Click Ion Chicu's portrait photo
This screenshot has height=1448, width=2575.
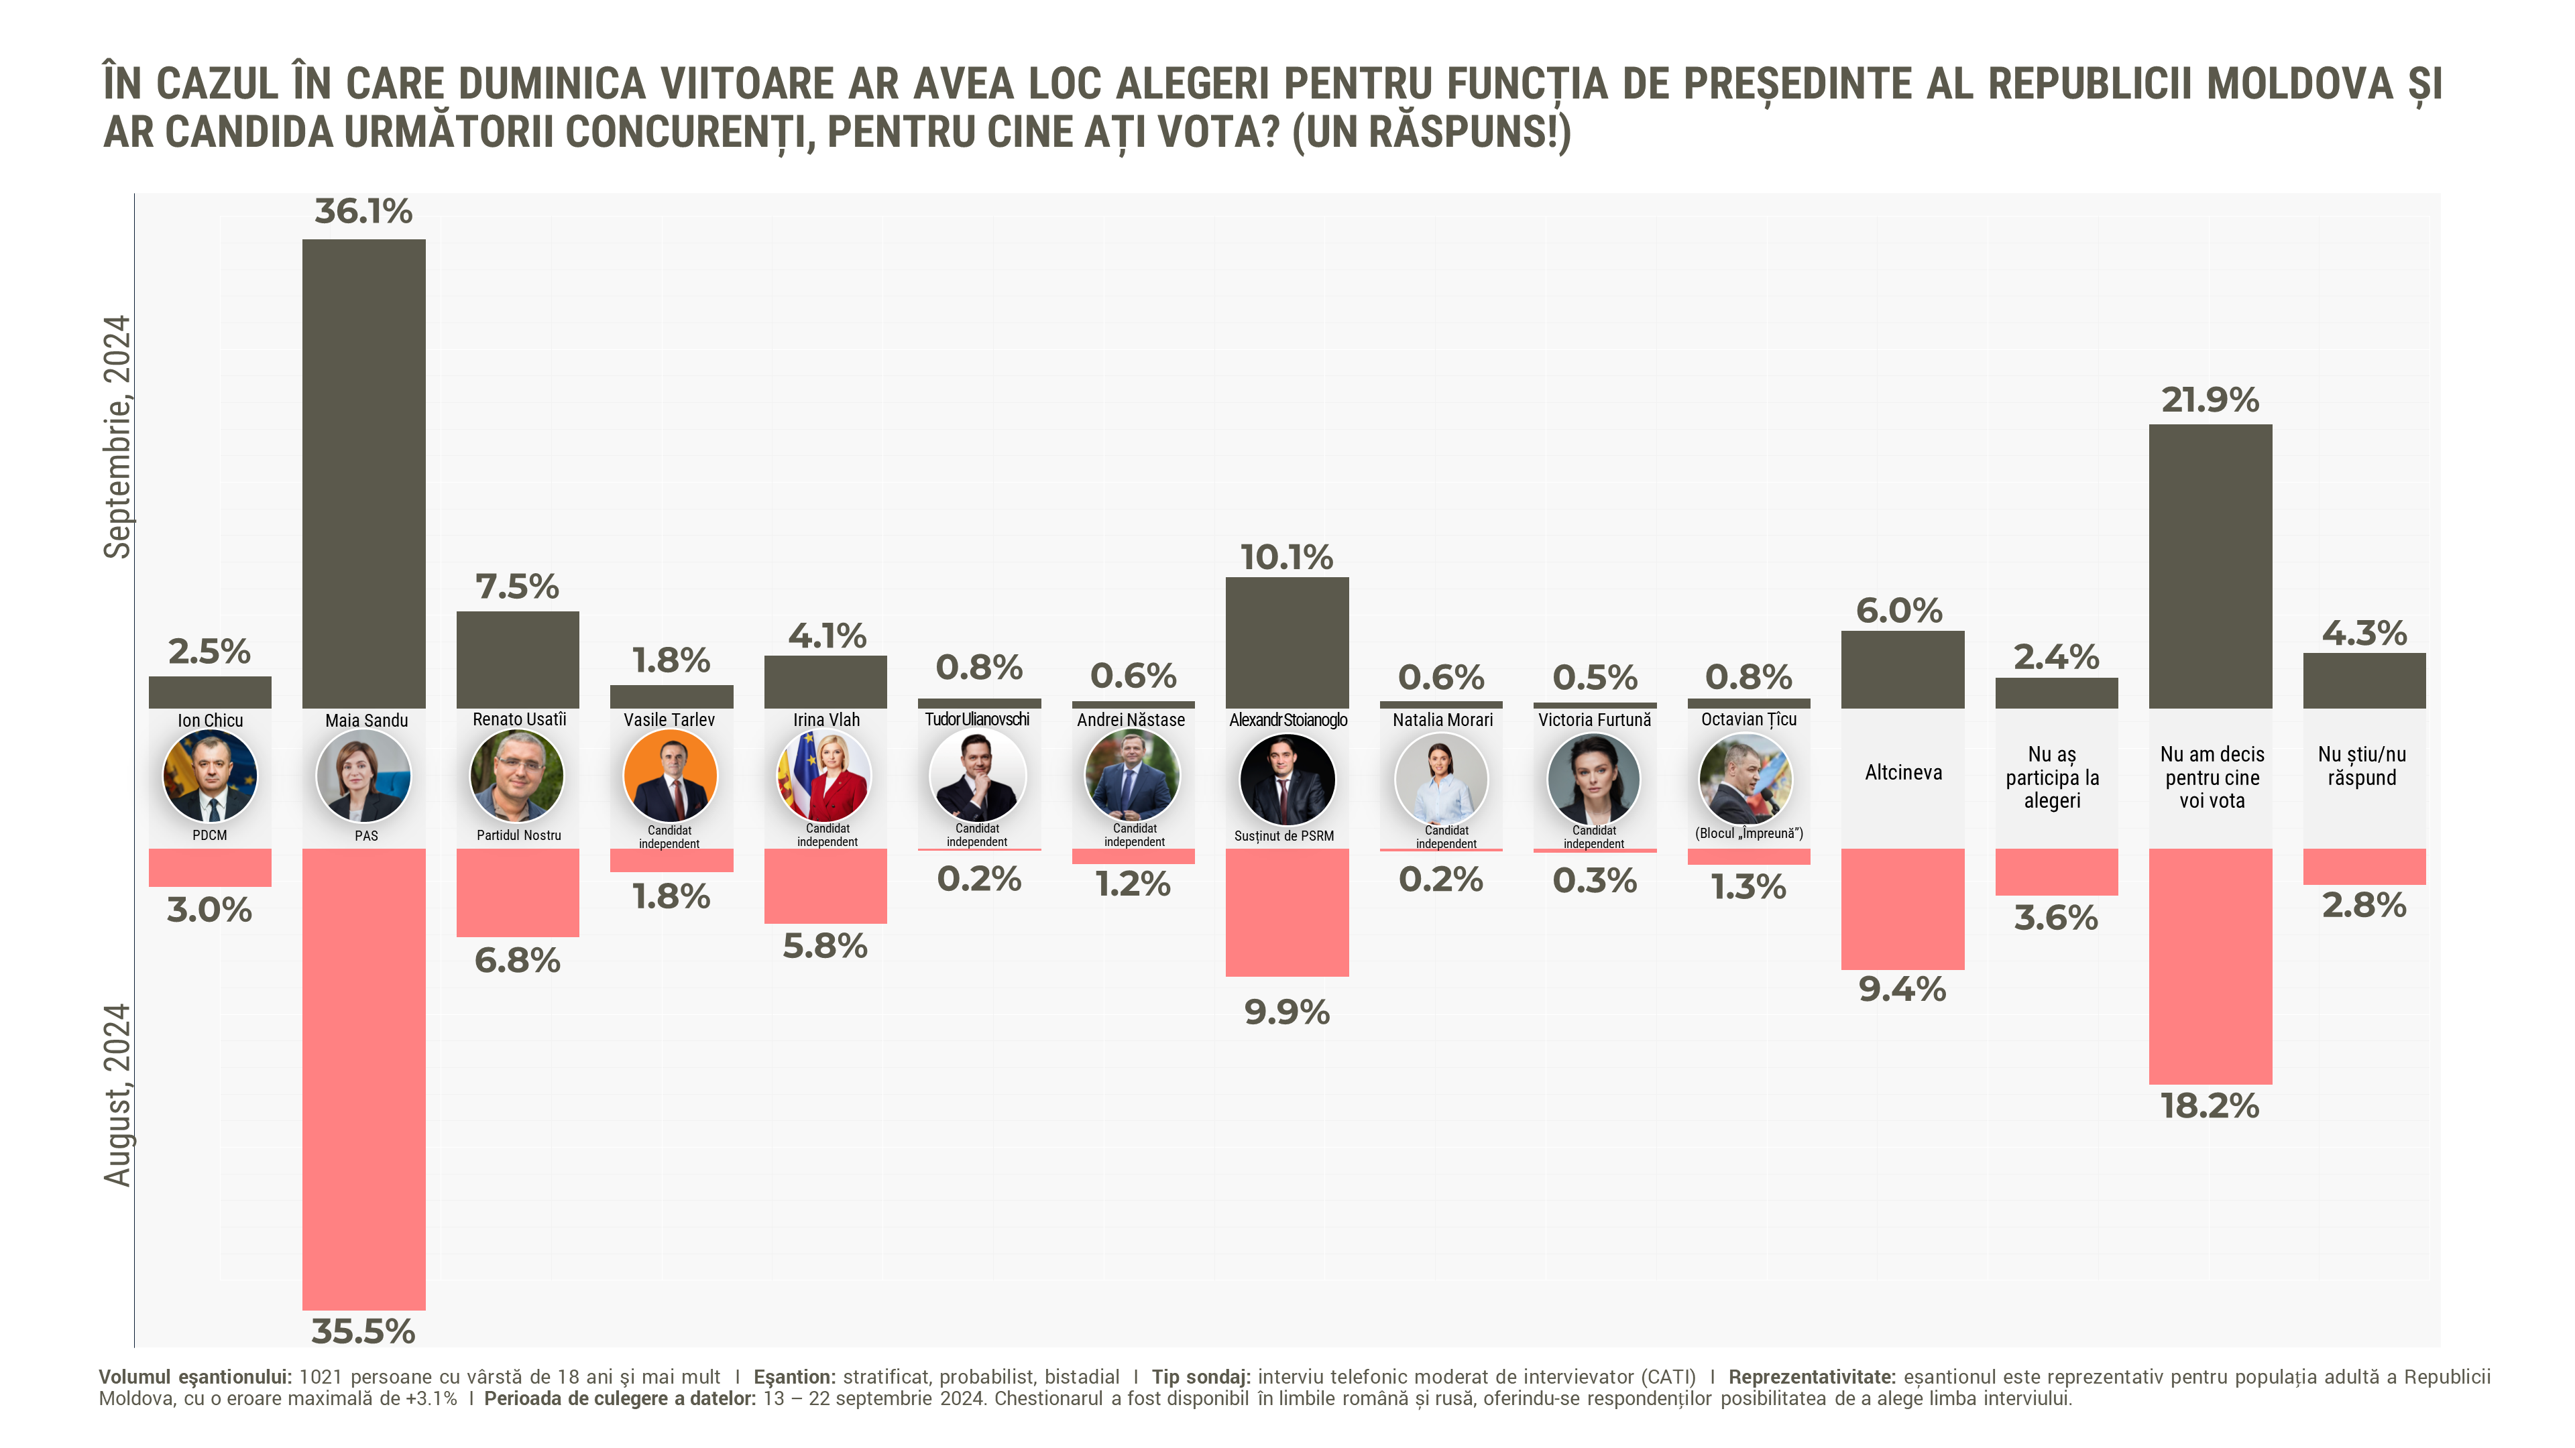pyautogui.click(x=210, y=776)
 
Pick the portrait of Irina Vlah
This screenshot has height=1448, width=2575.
pyautogui.click(x=825, y=776)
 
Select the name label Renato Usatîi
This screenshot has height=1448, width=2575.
pyautogui.click(x=519, y=719)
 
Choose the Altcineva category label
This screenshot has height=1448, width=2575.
pyautogui.click(x=1902, y=772)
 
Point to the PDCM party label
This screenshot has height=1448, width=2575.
pyautogui.click(x=210, y=835)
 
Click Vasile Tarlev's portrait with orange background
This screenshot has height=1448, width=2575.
pyautogui.click(x=670, y=776)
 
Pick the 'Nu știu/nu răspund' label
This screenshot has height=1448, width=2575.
pyautogui.click(x=2362, y=766)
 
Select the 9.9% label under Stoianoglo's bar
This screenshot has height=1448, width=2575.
pyautogui.click(x=1287, y=1012)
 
